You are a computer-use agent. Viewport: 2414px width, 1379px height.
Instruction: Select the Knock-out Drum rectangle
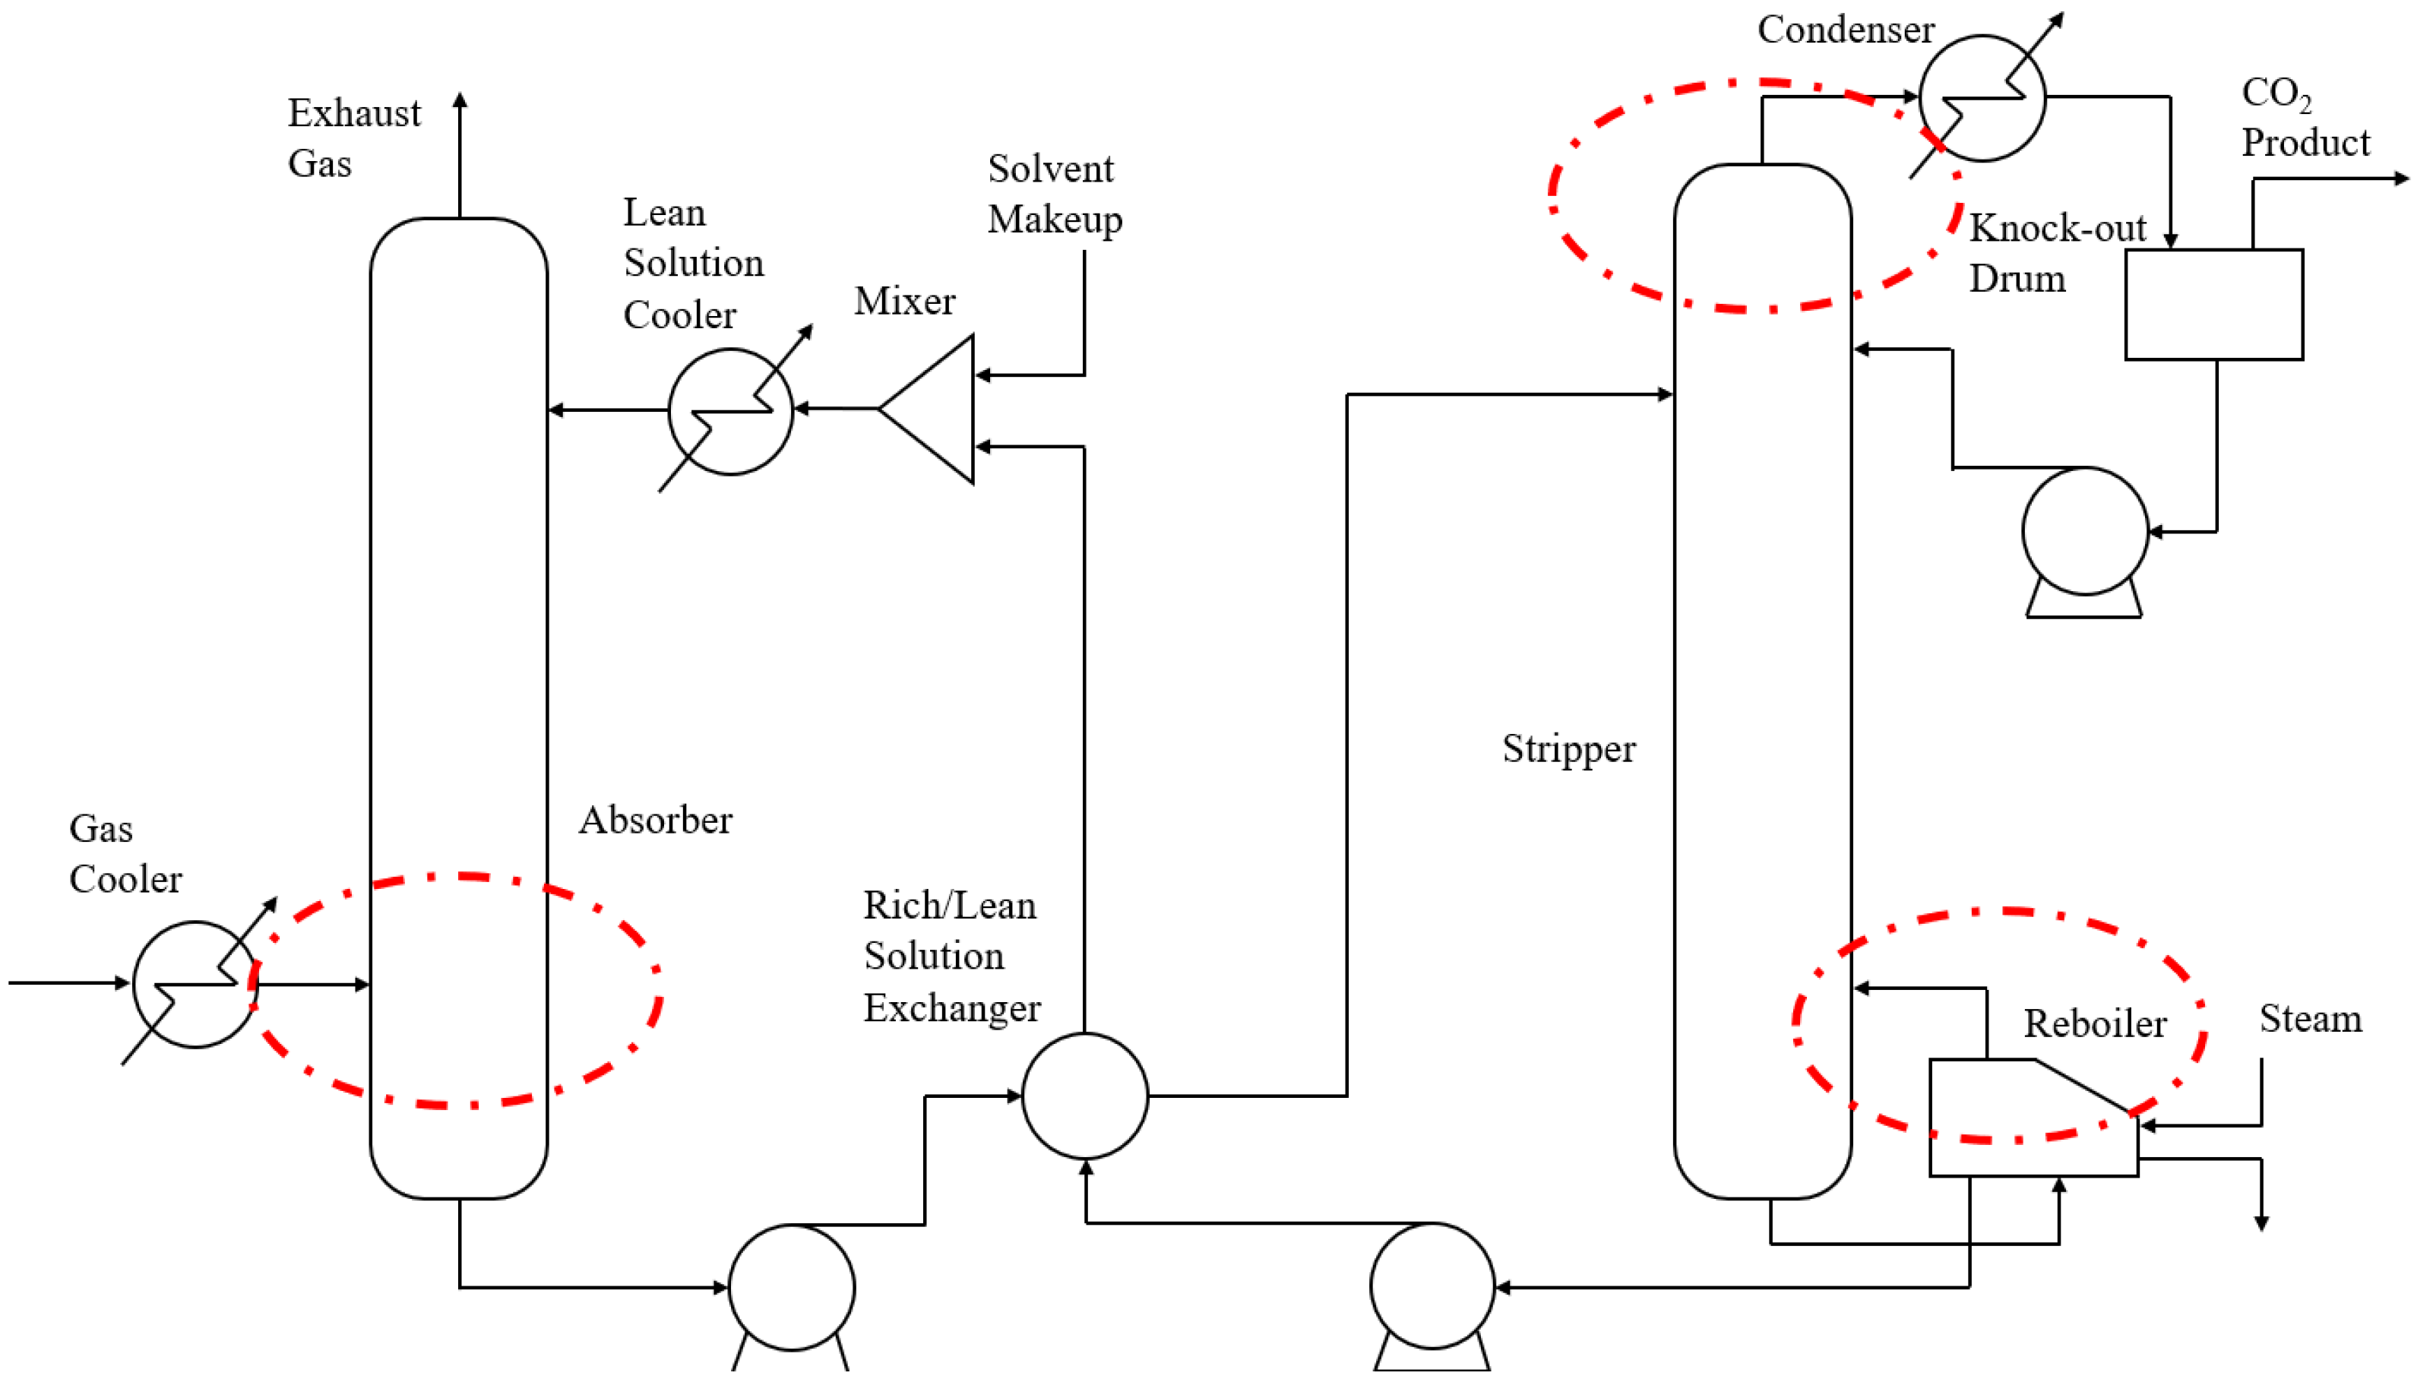pyautogui.click(x=2213, y=305)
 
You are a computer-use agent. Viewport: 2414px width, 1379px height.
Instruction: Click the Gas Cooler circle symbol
pyautogui.click(x=195, y=983)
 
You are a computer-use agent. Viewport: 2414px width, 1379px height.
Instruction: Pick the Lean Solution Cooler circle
pyautogui.click(x=730, y=411)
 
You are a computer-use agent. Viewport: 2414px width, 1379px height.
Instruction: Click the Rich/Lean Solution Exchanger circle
pyautogui.click(x=1084, y=1095)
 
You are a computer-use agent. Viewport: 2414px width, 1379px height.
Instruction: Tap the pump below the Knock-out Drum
pyautogui.click(x=2083, y=533)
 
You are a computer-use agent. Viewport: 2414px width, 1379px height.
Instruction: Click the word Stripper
pyautogui.click(x=1568, y=748)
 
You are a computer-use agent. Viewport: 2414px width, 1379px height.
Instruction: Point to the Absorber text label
pyautogui.click(x=655, y=821)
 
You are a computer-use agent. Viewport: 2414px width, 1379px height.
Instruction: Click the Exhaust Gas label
pyautogui.click(x=353, y=138)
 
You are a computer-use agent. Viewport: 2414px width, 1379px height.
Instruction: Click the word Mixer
pyautogui.click(x=903, y=301)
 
